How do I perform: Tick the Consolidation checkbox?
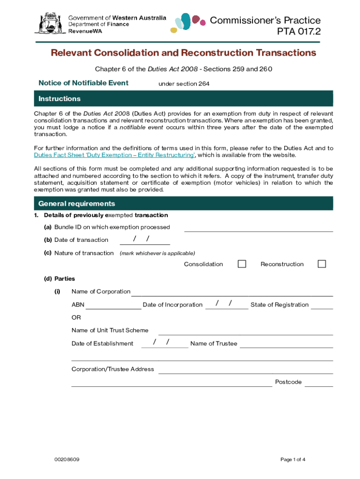(x=242, y=264)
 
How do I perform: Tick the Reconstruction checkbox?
(x=322, y=264)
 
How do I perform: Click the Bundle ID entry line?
(x=259, y=228)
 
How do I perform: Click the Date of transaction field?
(x=145, y=240)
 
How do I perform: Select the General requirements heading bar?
(x=183, y=204)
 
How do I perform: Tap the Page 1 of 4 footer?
(x=293, y=459)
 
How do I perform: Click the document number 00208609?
(x=67, y=459)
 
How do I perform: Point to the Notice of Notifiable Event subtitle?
(x=83, y=83)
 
